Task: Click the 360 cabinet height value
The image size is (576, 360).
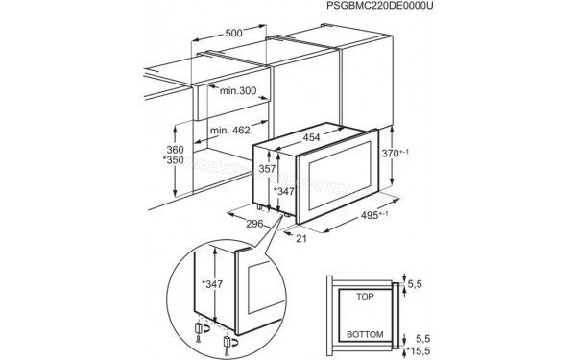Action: pos(174,151)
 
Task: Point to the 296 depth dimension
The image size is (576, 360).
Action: pos(254,224)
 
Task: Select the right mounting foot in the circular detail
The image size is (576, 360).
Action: pos(230,342)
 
